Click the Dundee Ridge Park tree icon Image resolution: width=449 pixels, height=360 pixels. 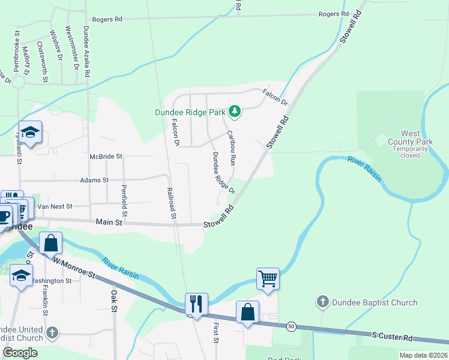click(235, 112)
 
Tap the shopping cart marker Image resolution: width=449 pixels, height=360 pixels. click(268, 278)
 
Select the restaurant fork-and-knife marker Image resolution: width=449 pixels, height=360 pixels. click(196, 304)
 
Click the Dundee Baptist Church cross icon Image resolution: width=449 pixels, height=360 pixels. click(323, 302)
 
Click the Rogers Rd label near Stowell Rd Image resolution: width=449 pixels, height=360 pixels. click(334, 14)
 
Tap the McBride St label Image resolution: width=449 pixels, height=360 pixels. click(106, 156)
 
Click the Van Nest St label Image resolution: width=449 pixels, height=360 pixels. click(55, 206)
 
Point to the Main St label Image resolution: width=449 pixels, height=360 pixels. click(109, 222)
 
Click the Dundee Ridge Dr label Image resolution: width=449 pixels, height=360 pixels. click(222, 172)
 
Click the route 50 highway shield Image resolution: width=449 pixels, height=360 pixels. click(291, 326)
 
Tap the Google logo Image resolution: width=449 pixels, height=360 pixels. click(20, 353)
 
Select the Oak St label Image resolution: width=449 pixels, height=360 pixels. click(113, 304)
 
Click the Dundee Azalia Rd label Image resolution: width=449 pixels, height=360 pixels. click(87, 51)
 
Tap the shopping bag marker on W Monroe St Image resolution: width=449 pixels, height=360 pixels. click(51, 244)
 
